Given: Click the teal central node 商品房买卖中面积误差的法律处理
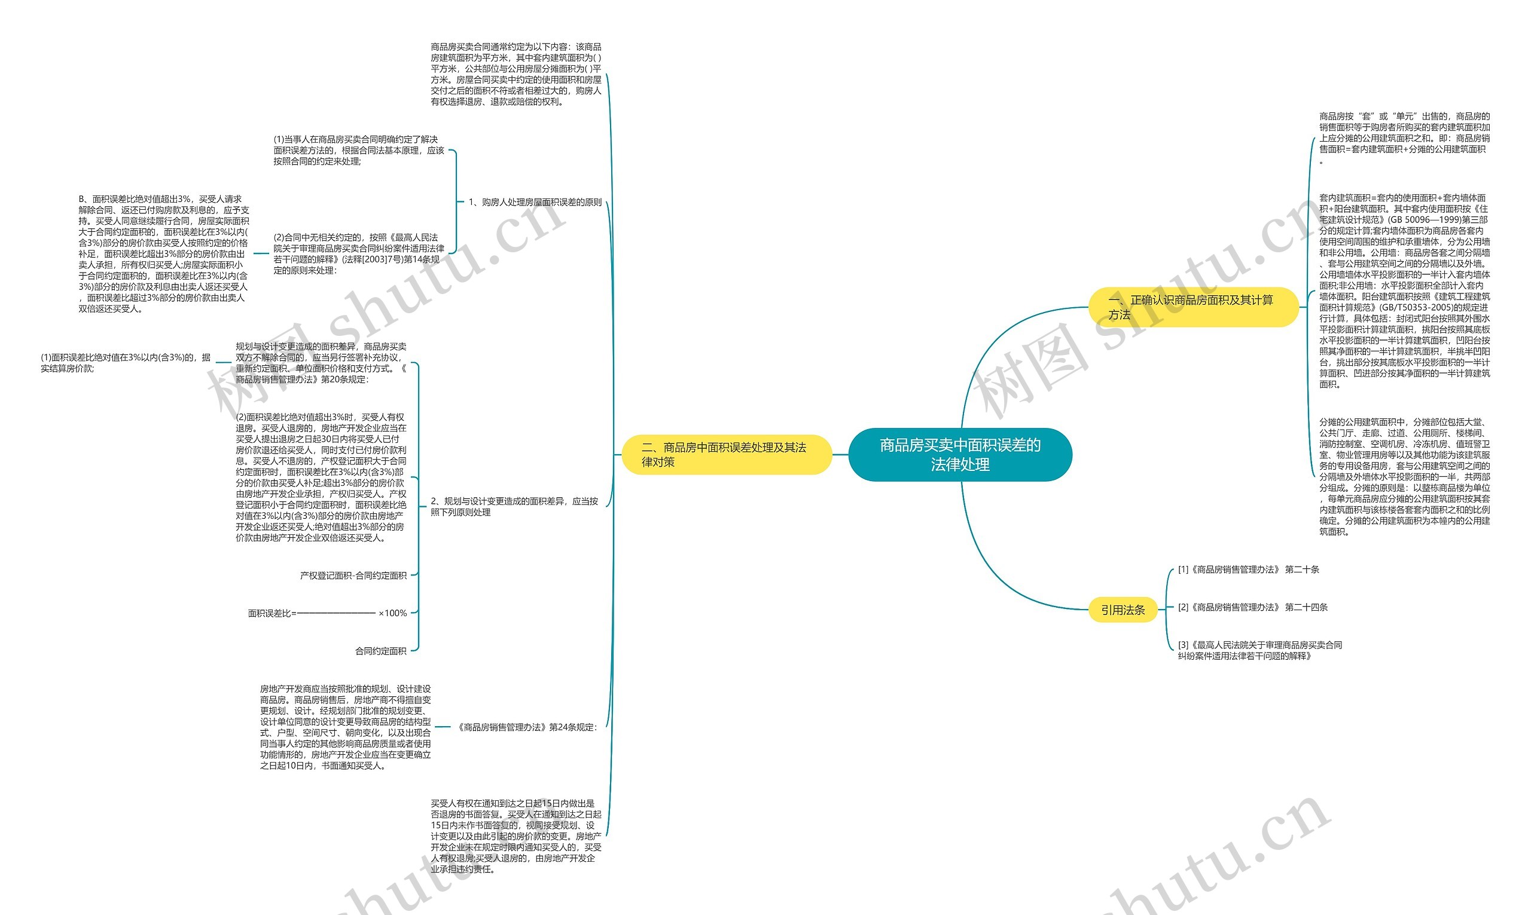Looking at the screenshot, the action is (960, 454).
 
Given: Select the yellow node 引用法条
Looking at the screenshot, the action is (1123, 610).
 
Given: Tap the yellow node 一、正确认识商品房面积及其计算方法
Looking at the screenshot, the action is (1193, 307).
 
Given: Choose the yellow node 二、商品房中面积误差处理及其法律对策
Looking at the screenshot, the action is (727, 454).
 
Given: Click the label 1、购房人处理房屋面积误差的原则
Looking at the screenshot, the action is (535, 202).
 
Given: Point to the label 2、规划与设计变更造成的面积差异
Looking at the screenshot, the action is (514, 506).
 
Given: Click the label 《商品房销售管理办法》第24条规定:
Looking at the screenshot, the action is (526, 727).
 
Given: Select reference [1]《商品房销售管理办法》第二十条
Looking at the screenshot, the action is (1248, 570).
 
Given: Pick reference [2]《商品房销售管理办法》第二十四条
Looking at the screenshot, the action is (1252, 607).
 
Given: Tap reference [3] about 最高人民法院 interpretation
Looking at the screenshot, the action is (1259, 650).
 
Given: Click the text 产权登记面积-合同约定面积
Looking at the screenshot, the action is (353, 576).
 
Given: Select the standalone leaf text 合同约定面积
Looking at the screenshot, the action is (380, 651).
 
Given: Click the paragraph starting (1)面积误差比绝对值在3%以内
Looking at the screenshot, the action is (126, 363).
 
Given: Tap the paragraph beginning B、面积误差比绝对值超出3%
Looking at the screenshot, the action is (163, 253).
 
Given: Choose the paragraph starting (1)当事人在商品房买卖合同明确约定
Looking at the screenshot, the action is (358, 150).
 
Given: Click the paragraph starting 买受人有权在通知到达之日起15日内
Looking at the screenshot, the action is (516, 836).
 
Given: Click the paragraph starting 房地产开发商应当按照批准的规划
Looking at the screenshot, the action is (346, 727).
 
